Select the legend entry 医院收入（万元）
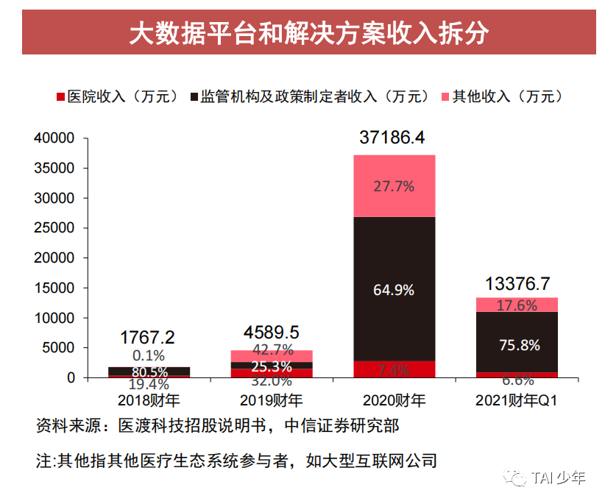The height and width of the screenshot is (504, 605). pos(117,96)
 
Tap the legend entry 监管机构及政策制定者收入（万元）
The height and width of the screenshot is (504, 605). pos(309,96)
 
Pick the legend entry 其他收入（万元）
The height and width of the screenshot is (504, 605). pos(501,96)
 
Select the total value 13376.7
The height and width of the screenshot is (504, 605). pos(517,283)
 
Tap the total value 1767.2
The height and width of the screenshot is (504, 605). pos(148,338)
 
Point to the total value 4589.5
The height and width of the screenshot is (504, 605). pos(271,332)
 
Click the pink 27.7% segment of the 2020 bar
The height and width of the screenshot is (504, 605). pos(394,186)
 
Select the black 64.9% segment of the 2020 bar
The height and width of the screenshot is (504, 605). pos(394,289)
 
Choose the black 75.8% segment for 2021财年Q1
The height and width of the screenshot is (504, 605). pos(517,344)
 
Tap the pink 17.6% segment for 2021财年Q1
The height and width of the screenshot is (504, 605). pos(517,305)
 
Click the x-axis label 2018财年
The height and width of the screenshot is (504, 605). pos(148,401)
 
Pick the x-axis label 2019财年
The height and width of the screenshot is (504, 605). pos(271,401)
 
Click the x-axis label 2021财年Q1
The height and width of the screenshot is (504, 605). pos(517,401)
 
